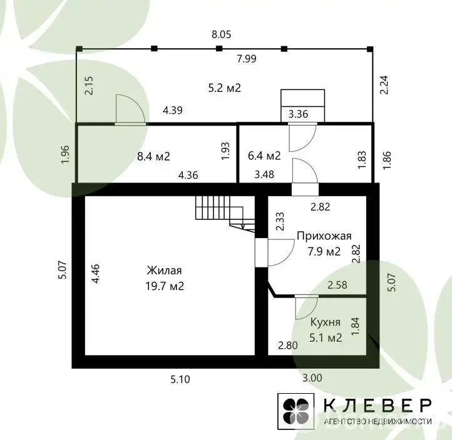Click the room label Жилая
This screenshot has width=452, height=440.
164,271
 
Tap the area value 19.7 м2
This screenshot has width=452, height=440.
165,286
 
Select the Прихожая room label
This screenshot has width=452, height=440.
324,236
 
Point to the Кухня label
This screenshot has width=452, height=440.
326,322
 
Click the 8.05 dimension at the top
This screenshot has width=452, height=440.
222,34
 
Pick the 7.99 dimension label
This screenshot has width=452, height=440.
247,59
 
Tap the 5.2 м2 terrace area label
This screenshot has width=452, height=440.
224,87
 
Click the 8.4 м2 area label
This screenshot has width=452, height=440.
153,156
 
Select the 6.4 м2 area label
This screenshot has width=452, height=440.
264,156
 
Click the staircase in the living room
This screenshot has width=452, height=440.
225,213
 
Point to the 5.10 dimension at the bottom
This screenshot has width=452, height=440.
180,379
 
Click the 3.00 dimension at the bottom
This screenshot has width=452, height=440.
312,377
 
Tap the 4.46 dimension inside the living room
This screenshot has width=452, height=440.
95,273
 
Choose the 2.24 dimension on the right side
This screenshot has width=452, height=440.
384,84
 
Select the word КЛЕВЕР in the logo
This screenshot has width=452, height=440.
378,406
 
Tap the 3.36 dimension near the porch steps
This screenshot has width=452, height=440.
299,114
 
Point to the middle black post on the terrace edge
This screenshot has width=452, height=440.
219,48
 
